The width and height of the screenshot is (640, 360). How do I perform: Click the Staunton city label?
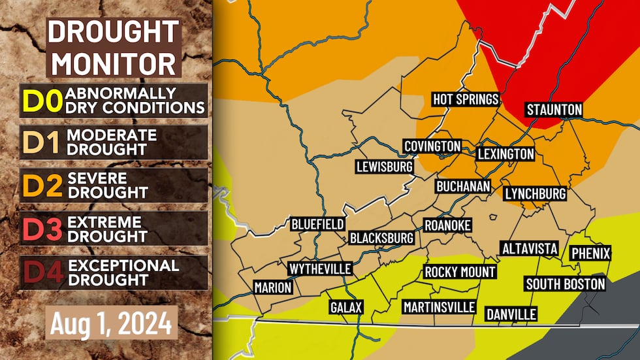point(554,109)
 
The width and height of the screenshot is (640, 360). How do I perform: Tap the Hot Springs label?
point(466,99)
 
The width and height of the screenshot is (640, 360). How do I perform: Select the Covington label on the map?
point(432,146)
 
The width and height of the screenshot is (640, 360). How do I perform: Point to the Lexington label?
point(505,154)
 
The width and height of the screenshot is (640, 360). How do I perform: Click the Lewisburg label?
point(384,167)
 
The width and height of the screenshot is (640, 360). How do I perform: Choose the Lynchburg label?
point(535,194)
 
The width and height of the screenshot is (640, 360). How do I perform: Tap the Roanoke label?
point(447,225)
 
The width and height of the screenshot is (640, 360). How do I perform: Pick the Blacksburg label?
point(382,238)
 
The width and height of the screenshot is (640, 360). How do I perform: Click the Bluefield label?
point(317,224)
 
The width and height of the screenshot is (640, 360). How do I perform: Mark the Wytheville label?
point(320,269)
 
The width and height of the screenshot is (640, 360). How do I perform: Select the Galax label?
point(345,306)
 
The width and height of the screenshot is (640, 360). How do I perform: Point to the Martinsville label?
point(439,306)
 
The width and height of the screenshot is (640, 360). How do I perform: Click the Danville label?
point(511,314)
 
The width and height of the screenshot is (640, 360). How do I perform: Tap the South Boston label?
point(566,284)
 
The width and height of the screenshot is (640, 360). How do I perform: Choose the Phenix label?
point(590,253)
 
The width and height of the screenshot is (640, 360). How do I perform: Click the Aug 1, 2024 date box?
point(112,322)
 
